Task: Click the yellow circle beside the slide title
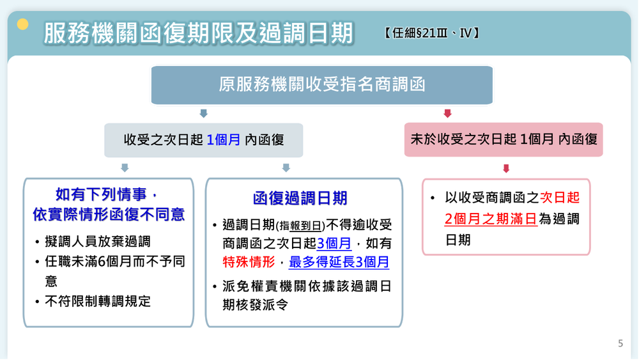tap(23, 25)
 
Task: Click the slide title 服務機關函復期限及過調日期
tap(198, 33)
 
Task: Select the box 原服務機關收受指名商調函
tap(322, 85)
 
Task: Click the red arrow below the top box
tap(447, 113)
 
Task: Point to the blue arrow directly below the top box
tap(204, 113)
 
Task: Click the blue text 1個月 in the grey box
tap(224, 140)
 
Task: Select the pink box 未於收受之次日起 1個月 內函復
tap(504, 139)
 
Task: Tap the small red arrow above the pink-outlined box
tap(506, 169)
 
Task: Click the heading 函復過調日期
tap(300, 198)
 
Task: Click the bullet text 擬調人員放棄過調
tap(98, 242)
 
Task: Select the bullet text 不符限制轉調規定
tap(98, 301)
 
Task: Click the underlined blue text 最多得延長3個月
tap(339, 262)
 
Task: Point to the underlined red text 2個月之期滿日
tap(490, 219)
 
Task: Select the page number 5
tap(620, 343)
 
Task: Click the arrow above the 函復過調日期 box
tap(286, 168)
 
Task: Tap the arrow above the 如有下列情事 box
tap(125, 168)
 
